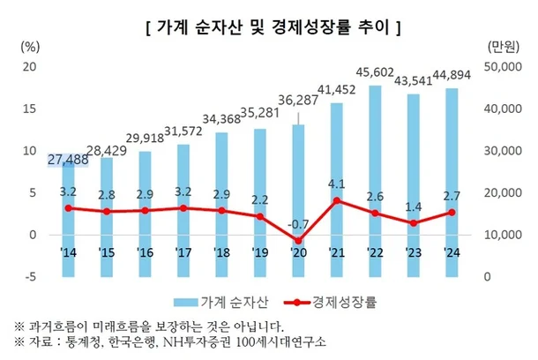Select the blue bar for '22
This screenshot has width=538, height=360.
(375, 176)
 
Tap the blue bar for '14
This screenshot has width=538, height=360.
(68, 212)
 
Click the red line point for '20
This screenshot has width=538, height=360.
(298, 241)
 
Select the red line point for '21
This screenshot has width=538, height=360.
(337, 200)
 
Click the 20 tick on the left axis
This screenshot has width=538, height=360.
(29, 67)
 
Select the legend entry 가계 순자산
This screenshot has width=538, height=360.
(233, 300)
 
